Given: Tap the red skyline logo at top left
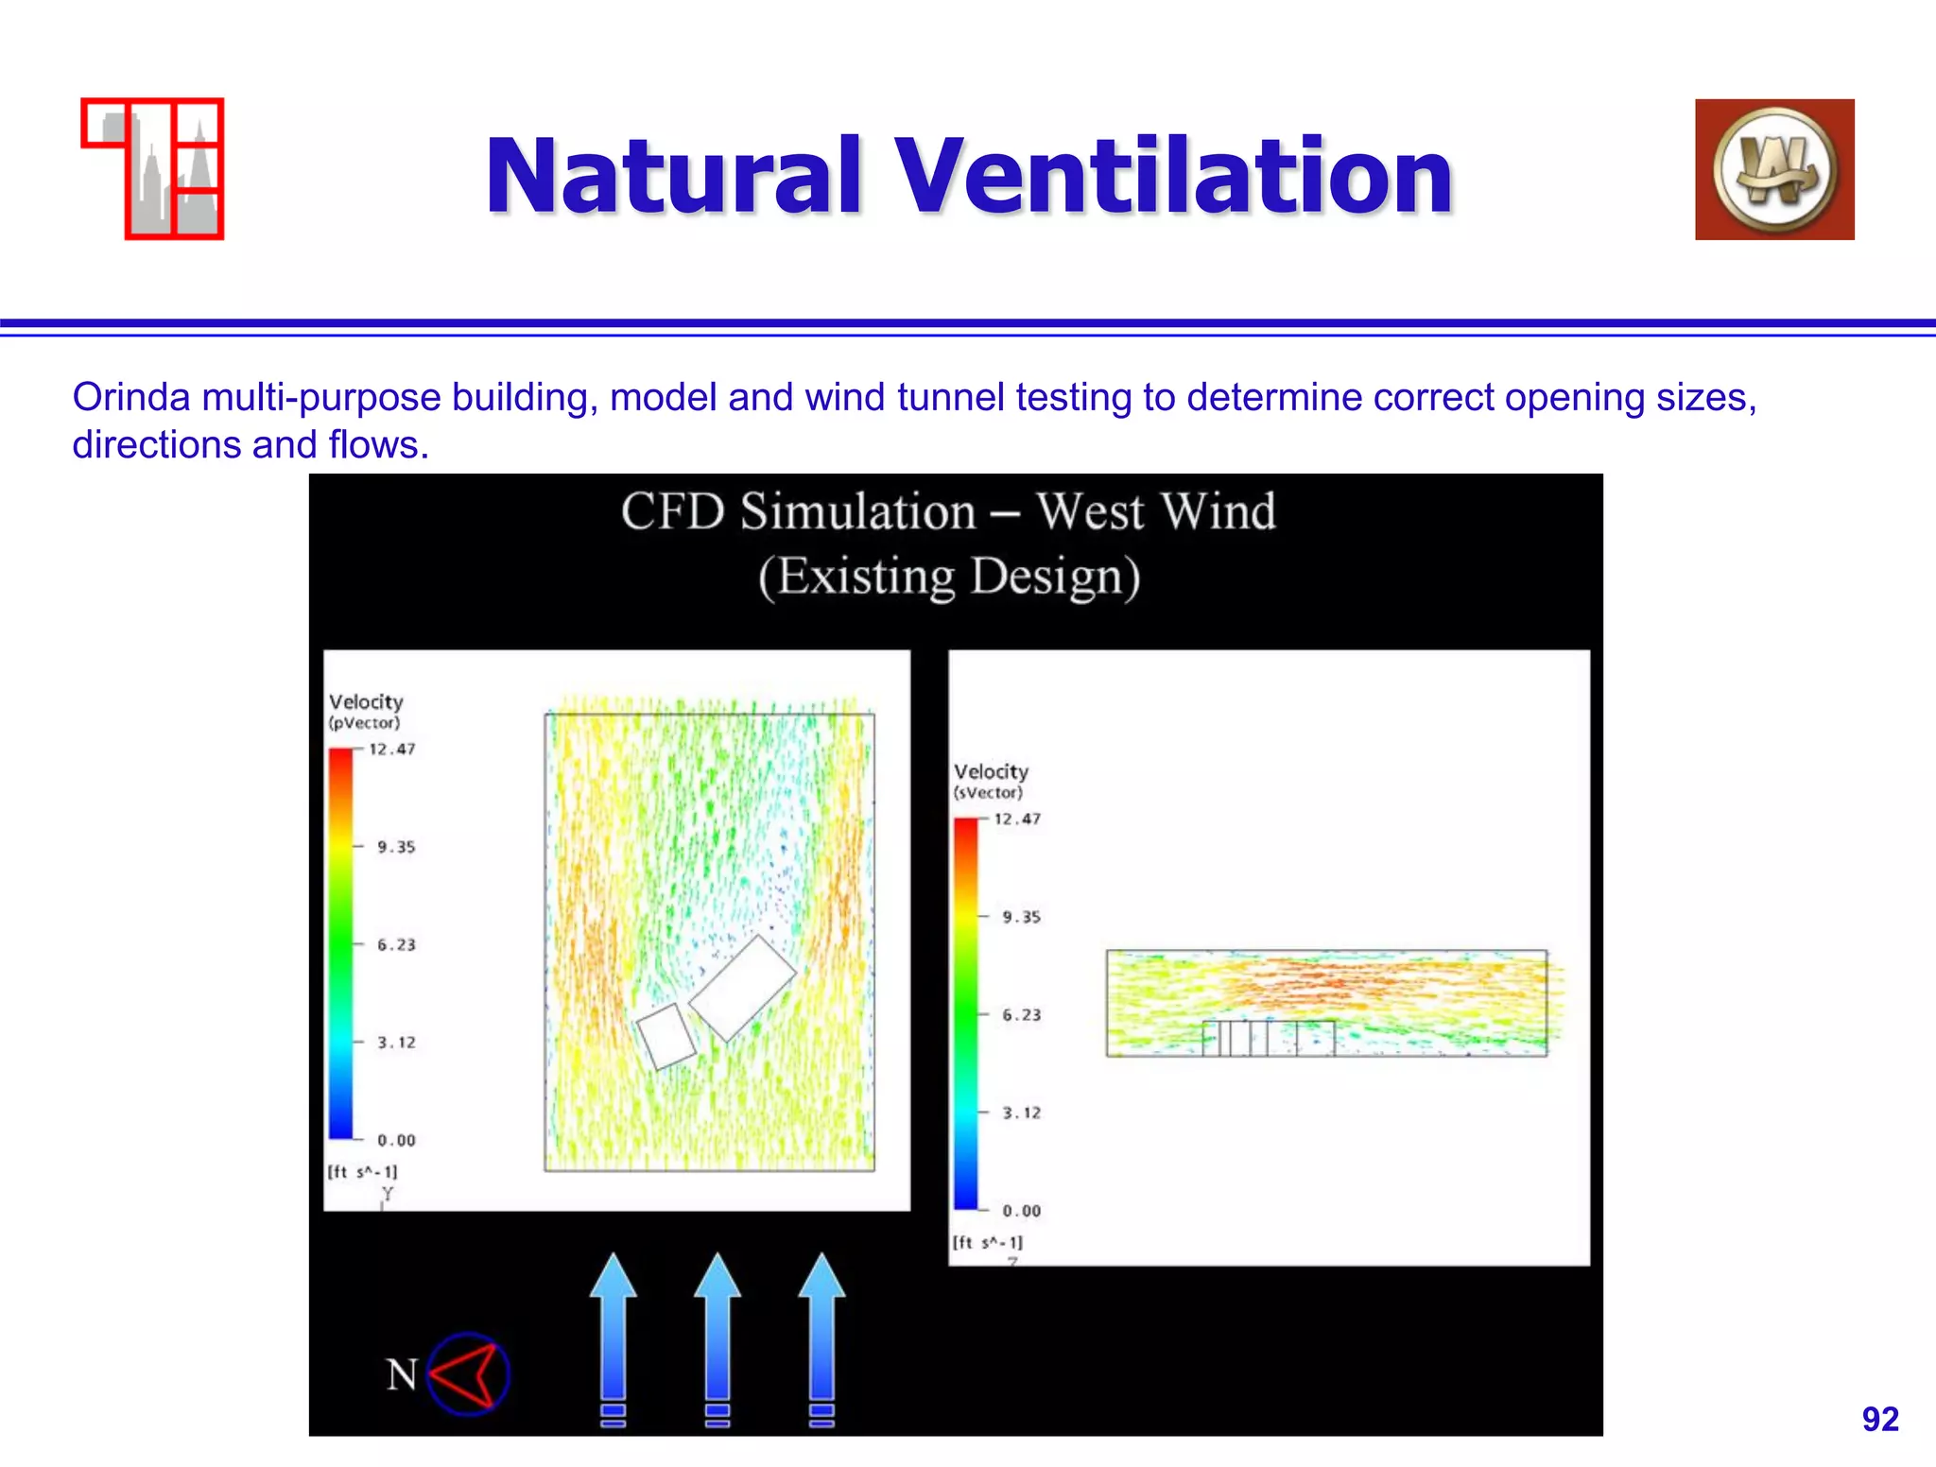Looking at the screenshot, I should pyautogui.click(x=153, y=168).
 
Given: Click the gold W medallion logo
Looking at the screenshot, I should pyautogui.click(x=1773, y=169).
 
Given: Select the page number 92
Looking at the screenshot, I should pyautogui.click(x=1879, y=1419).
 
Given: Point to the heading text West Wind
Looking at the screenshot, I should pyautogui.click(x=1155, y=511).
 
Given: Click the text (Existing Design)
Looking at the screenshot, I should pyautogui.click(x=949, y=576).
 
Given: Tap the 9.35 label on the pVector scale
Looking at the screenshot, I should pyautogui.click(x=396, y=847).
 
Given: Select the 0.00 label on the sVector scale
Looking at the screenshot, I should pyautogui.click(x=1021, y=1211).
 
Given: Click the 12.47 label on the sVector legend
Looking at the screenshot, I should pyautogui.click(x=1017, y=820).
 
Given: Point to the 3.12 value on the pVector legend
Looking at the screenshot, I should pyautogui.click(x=396, y=1043).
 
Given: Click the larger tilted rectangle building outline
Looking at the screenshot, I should pyautogui.click(x=743, y=988).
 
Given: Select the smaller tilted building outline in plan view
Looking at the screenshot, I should pyautogui.click(x=666, y=1037).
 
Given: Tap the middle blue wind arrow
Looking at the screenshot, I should pyautogui.click(x=717, y=1333).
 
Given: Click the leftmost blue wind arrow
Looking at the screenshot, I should pyautogui.click(x=614, y=1333).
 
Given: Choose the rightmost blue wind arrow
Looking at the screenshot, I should pyautogui.click(x=821, y=1333).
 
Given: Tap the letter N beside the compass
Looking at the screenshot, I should pyautogui.click(x=402, y=1374).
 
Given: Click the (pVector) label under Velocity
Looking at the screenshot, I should pyautogui.click(x=364, y=723).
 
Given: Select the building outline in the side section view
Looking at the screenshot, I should pyautogui.click(x=1268, y=1038).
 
